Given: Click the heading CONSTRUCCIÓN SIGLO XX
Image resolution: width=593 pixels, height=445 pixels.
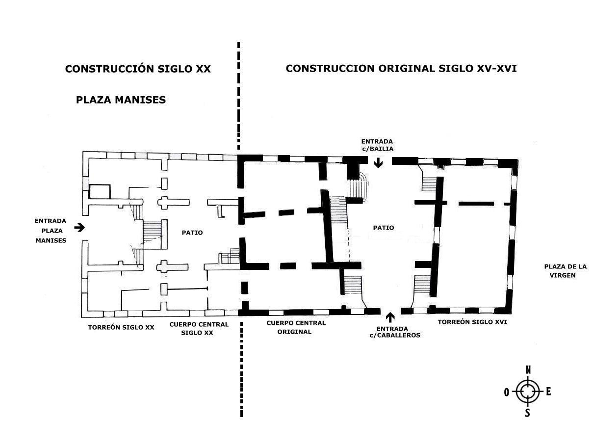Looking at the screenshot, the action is point(138,69).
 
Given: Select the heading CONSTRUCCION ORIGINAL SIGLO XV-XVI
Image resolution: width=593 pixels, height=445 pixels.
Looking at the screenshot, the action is point(401,69).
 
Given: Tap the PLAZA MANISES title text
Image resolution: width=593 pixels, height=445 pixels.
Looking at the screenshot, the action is point(121,100).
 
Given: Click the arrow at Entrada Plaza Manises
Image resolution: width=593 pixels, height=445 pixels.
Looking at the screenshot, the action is point(79,228).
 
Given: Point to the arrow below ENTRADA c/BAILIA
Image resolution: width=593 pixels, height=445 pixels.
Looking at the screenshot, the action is point(378,163).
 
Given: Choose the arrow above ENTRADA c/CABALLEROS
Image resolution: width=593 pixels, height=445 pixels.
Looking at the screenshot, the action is point(389,317).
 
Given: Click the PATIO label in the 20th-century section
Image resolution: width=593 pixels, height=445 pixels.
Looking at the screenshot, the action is point(192,233).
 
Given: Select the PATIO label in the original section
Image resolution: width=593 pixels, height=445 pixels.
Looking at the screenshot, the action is point(384,228).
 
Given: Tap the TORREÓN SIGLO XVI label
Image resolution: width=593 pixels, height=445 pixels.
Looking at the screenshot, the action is point(472,322).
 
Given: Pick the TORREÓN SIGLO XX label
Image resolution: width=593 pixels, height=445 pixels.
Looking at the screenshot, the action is point(121,327).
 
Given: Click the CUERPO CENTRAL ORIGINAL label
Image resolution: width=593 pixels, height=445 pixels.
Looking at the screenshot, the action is point(296,327).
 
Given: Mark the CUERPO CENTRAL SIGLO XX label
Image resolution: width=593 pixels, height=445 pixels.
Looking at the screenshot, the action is point(199,329).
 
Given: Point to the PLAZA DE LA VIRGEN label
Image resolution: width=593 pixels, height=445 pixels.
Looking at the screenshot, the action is point(565,271).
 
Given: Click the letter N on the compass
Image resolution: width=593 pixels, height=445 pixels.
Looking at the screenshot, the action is point(528,370).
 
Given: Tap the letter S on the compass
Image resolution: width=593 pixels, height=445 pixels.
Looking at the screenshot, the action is point(527,413).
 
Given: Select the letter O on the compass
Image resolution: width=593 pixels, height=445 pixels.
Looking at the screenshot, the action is point(507,393).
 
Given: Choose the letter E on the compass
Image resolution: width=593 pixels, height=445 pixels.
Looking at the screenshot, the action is point(548,392).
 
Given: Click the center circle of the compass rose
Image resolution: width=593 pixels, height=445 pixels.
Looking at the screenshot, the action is point(528,392).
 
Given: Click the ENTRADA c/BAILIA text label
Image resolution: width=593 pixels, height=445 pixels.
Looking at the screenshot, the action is point(377,145).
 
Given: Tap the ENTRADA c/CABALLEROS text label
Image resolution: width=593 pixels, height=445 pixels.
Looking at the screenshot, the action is point(394,332).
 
